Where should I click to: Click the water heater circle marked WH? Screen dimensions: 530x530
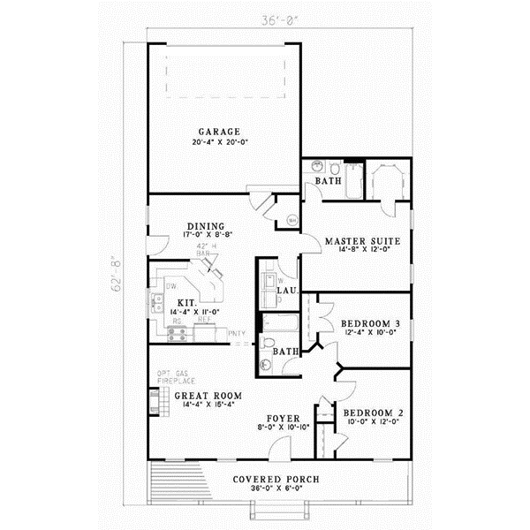291,220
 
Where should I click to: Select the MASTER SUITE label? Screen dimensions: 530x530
363,240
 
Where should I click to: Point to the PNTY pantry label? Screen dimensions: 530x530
236,333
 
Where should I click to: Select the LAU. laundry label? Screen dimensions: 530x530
285,291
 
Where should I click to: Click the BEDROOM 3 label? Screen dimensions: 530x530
370,323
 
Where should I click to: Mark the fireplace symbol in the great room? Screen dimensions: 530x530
154,402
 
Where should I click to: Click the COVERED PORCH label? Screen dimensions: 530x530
276,480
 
